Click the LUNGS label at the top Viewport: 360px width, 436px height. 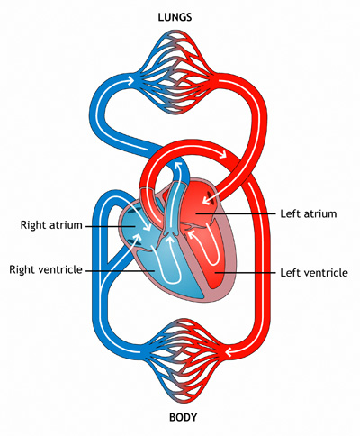175,17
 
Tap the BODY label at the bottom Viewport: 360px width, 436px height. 183,417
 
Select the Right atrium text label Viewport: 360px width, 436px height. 51,225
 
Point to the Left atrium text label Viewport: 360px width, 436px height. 309,213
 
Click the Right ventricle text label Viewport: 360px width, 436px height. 46,269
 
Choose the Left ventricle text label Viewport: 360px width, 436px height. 314,273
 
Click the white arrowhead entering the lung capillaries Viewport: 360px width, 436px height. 130,80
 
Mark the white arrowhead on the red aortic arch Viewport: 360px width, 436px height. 223,154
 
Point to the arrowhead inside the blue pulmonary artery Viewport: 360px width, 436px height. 179,166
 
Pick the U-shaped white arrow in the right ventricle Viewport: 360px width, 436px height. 166,259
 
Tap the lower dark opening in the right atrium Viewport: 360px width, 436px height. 132,241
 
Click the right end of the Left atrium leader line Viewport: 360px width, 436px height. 275,213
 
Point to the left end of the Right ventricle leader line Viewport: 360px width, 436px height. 86,270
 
